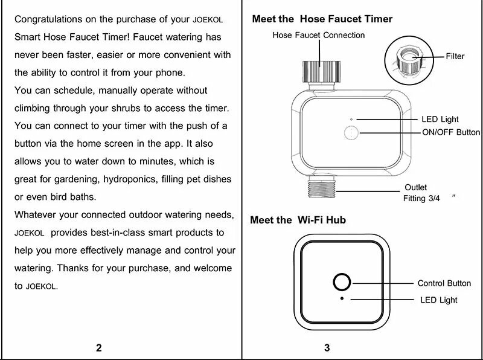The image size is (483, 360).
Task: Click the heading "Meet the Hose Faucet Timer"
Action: pos(322,19)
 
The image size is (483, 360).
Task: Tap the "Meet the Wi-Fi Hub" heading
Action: pos(298,220)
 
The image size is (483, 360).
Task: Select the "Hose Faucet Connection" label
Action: pos(318,35)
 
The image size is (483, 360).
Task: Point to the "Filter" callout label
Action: pos(455,56)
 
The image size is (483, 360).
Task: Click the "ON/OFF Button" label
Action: pos(450,132)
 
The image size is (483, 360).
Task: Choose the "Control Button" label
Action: pos(444,283)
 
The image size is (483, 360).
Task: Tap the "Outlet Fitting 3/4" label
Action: pos(423,193)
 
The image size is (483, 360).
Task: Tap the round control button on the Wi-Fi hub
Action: pos(342,283)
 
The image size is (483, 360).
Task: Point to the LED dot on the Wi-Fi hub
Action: pos(342,299)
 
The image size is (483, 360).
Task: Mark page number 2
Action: pos(98,347)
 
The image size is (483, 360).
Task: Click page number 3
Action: pos(327,347)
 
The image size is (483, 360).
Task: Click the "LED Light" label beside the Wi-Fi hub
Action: pos(439,300)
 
